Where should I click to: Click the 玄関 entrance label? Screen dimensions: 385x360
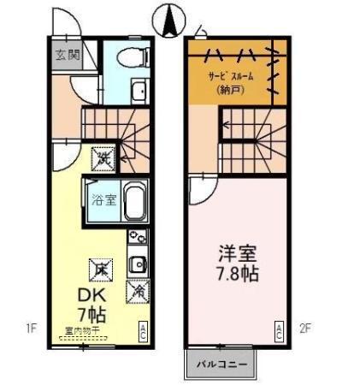point(68,56)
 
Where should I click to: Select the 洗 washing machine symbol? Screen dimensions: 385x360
point(103,158)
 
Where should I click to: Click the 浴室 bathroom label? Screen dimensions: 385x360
point(102,201)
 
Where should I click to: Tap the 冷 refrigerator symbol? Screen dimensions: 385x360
point(139,291)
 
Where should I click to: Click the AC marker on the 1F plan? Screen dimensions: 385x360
point(144,331)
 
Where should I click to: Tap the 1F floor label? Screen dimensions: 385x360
point(31,326)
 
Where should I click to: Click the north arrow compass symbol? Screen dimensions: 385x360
point(169,18)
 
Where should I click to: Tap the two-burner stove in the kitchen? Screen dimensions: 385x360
point(137,239)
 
